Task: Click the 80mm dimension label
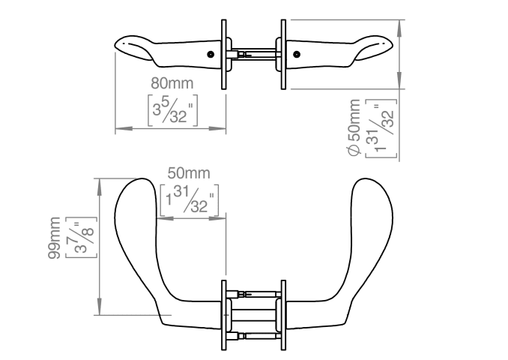pos(172,83)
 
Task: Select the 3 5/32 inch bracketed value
pos(172,110)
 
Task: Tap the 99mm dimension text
pos(54,238)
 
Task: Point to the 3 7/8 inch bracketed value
pos(81,238)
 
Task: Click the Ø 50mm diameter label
pos(354,127)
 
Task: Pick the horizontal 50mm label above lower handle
pos(189,173)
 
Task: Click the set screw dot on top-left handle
pos(211,55)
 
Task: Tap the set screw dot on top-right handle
pos(297,55)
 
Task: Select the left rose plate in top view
pos(224,55)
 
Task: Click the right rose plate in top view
pos(283,55)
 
